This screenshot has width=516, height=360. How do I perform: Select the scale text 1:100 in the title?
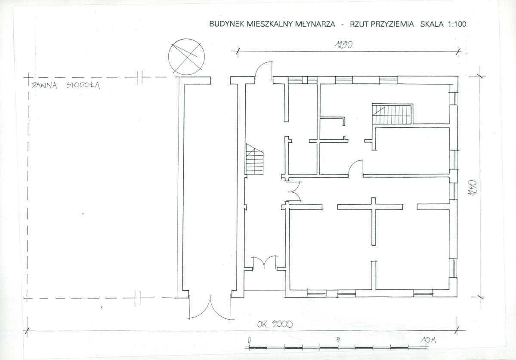(457, 24)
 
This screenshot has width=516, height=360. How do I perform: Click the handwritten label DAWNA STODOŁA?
(66, 85)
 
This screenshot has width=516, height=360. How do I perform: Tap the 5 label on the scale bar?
(338, 340)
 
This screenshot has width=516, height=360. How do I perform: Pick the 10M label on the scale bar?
(428, 340)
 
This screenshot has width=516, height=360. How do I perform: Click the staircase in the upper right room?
(392, 114)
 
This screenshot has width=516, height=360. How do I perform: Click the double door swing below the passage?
(209, 307)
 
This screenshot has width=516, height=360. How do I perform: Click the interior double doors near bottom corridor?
(265, 263)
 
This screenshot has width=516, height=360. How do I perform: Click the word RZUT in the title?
(360, 24)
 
